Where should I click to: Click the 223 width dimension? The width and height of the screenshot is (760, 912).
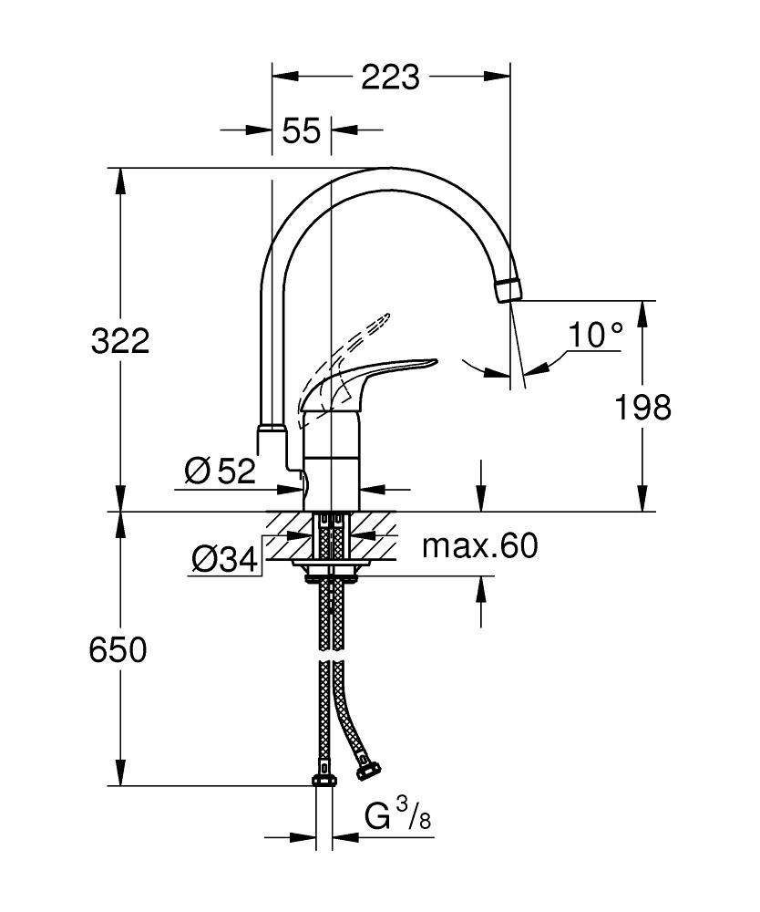pyautogui.click(x=390, y=78)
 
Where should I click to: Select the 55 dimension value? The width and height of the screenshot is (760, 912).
pyautogui.click(x=301, y=131)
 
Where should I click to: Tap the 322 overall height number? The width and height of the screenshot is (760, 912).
pyautogui.click(x=119, y=342)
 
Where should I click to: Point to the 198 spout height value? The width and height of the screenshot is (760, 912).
pyautogui.click(x=642, y=407)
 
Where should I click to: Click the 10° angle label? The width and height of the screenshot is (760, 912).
pyautogui.click(x=594, y=336)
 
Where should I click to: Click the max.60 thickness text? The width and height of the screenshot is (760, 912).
pyautogui.click(x=479, y=546)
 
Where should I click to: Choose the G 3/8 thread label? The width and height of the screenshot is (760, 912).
pyautogui.click(x=397, y=816)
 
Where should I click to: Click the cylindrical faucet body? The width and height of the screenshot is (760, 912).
pyautogui.click(x=331, y=461)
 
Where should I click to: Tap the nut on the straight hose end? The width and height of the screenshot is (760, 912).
pyautogui.click(x=323, y=778)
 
